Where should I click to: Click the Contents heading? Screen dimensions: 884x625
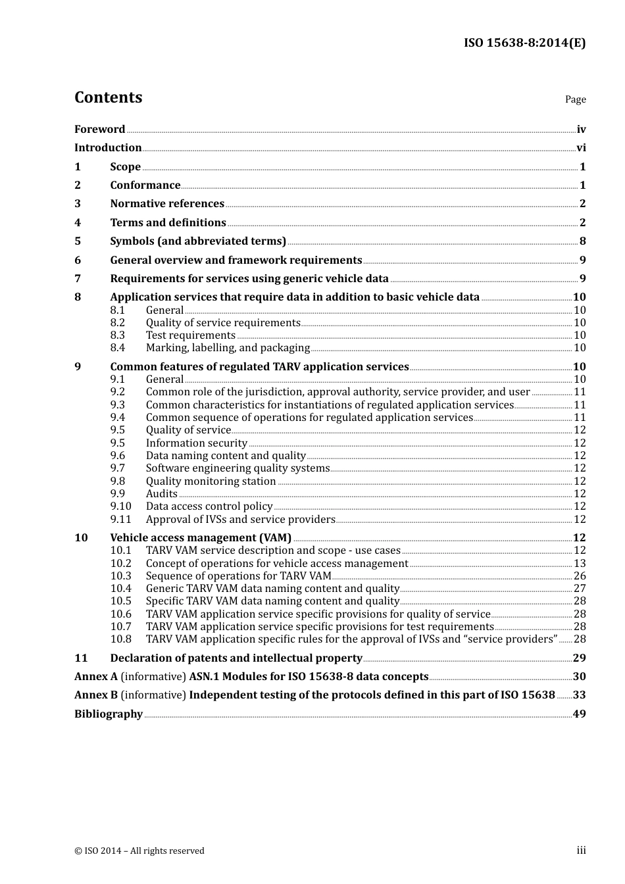(x=108, y=97)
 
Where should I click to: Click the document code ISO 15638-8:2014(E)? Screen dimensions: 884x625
(x=524, y=43)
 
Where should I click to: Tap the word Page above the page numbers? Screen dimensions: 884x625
(x=575, y=99)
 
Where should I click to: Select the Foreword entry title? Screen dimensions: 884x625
(x=99, y=130)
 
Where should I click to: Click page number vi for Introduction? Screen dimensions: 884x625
(x=581, y=148)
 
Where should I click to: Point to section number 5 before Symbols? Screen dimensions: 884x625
(x=78, y=241)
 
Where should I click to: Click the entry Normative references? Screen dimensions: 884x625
(x=167, y=204)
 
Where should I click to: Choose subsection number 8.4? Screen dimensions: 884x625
(x=118, y=348)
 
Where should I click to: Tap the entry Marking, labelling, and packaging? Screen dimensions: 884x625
(x=228, y=348)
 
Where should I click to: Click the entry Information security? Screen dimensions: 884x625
(x=196, y=443)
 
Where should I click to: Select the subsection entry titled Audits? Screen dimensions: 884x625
(x=162, y=494)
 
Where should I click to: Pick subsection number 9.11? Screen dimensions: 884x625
(x=120, y=520)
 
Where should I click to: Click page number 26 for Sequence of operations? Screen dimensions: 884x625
(x=580, y=576)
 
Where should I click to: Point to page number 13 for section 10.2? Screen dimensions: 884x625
(x=580, y=564)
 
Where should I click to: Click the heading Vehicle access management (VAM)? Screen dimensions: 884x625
(x=201, y=538)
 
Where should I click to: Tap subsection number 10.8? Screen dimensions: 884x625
(x=120, y=639)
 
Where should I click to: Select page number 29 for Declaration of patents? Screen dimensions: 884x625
(x=580, y=658)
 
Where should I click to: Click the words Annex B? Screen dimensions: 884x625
(x=96, y=695)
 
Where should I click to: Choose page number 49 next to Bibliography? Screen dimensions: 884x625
(x=580, y=714)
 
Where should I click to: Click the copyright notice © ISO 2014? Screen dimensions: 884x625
(x=139, y=851)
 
